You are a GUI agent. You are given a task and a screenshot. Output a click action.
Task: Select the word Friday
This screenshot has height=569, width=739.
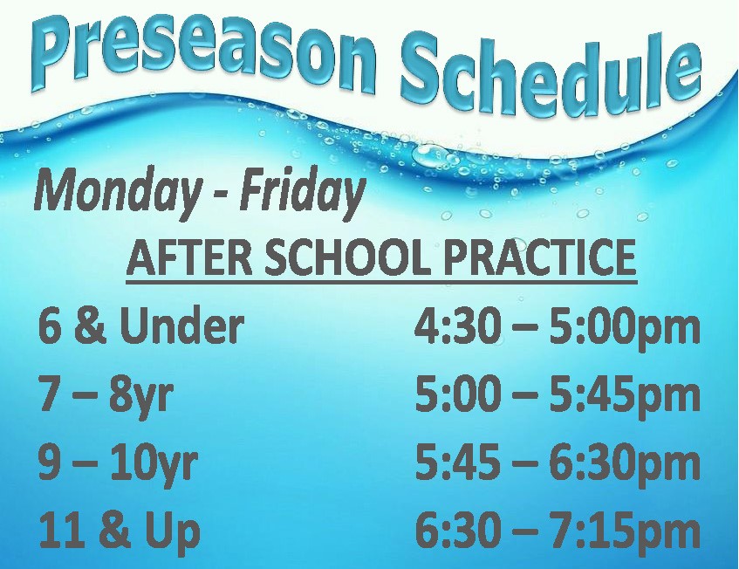[x=303, y=191]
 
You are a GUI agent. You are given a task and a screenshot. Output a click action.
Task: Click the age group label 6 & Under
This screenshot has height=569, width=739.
[x=141, y=326]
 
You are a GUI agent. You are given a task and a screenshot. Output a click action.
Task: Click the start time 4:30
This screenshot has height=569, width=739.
[x=457, y=326]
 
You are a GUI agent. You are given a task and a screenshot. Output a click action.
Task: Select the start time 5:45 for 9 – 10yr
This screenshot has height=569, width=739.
[x=457, y=463]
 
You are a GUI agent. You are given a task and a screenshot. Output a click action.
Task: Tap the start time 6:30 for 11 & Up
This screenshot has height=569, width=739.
[x=457, y=531]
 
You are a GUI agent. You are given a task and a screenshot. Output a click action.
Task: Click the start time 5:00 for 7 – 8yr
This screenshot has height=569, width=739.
[x=457, y=394]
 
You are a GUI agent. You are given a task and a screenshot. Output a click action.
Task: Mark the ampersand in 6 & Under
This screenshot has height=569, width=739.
[x=91, y=326]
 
